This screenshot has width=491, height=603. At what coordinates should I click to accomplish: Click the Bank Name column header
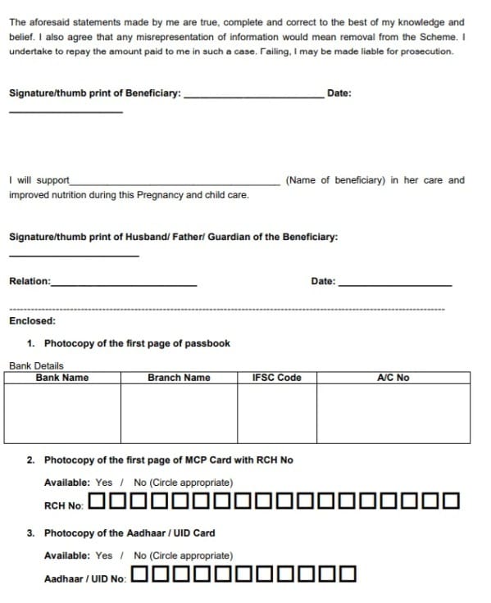tap(62, 378)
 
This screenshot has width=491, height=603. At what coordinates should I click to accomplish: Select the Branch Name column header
tap(179, 378)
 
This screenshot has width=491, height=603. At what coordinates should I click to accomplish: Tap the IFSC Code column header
tap(277, 378)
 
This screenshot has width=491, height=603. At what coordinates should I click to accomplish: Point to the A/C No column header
tap(393, 378)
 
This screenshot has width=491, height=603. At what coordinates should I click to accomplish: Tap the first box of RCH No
tap(97, 501)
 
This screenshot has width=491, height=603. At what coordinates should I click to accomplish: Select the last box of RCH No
tap(450, 501)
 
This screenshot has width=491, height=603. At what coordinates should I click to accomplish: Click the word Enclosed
tap(32, 321)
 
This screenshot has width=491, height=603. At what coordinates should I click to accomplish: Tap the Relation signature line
tap(124, 283)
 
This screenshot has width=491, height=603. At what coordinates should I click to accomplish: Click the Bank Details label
tap(36, 365)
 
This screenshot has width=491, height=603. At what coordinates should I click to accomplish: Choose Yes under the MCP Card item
tap(104, 483)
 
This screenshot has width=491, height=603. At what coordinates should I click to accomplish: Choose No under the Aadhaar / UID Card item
tap(140, 555)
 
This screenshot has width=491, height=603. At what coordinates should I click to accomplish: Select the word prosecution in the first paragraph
tap(426, 51)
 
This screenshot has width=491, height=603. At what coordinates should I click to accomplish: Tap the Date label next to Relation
tap(323, 282)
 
